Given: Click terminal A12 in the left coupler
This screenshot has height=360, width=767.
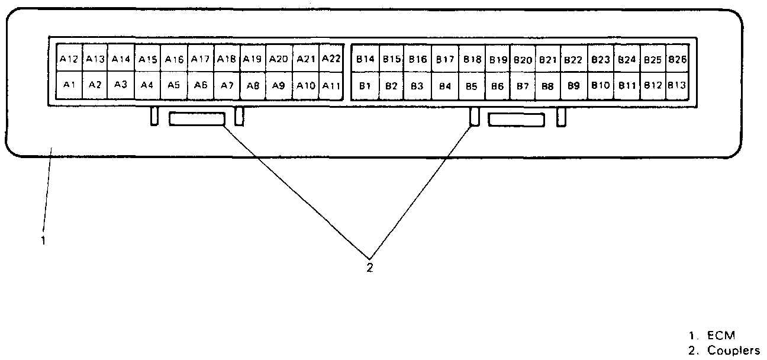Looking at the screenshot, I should point(69,59).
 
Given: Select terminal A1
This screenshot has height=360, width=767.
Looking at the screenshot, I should point(69,85).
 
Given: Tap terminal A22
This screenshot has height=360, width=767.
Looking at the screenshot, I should point(331,59).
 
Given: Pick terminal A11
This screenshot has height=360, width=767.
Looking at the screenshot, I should point(331,85).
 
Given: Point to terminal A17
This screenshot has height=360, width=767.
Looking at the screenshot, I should point(201,59).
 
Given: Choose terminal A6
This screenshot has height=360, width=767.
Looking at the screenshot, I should point(201,85).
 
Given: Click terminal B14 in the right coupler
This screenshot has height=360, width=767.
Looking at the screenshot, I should point(365,59).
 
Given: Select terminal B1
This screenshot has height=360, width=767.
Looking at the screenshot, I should point(365,85).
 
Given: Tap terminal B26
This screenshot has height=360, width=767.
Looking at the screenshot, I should point(676,59).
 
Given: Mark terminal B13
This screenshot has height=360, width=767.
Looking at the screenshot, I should point(676,85).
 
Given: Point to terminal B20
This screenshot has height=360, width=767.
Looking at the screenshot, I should point(523,59).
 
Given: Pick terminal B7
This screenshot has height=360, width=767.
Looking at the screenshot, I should point(523,85).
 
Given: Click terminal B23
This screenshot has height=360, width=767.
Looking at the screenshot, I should point(600,59).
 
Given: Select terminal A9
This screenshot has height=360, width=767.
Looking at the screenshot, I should point(279,85).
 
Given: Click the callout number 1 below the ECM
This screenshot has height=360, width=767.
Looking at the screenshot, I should point(43,241).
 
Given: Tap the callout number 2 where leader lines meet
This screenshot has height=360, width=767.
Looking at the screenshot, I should point(369,268).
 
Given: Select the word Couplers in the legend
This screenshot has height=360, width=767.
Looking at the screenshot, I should point(733,349).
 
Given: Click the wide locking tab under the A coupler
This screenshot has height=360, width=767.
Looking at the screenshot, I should point(197,120).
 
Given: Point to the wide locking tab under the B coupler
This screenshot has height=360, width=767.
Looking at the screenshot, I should point(516,120).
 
